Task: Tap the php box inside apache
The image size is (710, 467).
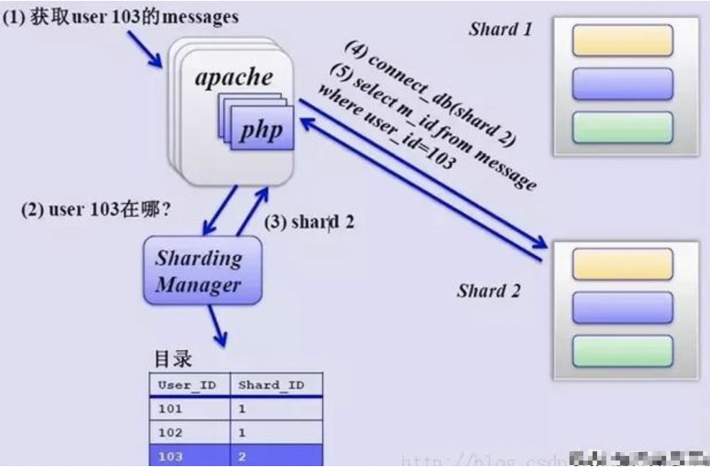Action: [260, 130]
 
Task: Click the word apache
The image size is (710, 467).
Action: [234, 77]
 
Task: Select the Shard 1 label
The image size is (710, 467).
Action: [500, 29]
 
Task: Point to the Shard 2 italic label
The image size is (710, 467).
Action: [488, 290]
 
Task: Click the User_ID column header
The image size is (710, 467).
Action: [187, 385]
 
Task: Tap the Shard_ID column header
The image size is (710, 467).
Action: [271, 385]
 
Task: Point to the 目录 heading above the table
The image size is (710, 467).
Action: [173, 358]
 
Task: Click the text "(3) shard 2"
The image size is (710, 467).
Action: [309, 221]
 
